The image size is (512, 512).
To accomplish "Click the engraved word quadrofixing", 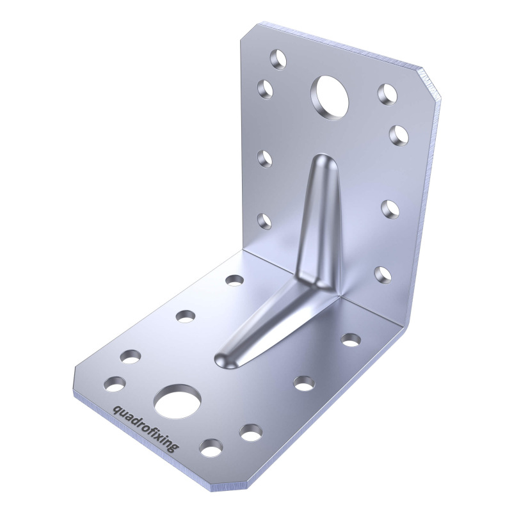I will tap(144, 428).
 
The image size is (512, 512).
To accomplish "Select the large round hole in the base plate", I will tap(178, 402).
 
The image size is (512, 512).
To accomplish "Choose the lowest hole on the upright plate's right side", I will tap(382, 274).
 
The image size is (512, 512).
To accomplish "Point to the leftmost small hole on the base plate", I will tap(115, 384).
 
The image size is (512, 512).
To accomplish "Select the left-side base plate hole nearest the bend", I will tap(234, 280).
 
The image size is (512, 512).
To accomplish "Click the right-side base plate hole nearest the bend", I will tap(350, 339).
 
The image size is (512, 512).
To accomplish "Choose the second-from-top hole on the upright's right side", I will tap(398, 132).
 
